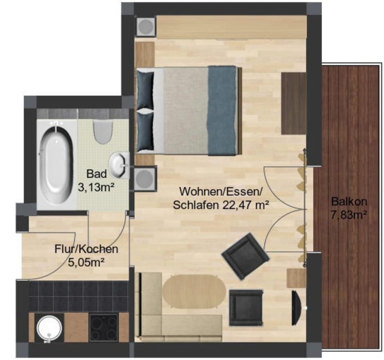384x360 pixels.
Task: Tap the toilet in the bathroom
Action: [102, 132]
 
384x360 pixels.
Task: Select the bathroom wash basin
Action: [120, 164]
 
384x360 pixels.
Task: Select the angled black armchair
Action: [245, 256]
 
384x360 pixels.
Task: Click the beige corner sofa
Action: [168, 320]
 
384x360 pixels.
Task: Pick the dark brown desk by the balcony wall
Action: [294, 103]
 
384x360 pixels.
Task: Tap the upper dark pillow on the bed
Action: [145, 90]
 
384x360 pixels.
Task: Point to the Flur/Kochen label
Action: [86, 249]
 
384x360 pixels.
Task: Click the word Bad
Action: [96, 174]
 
